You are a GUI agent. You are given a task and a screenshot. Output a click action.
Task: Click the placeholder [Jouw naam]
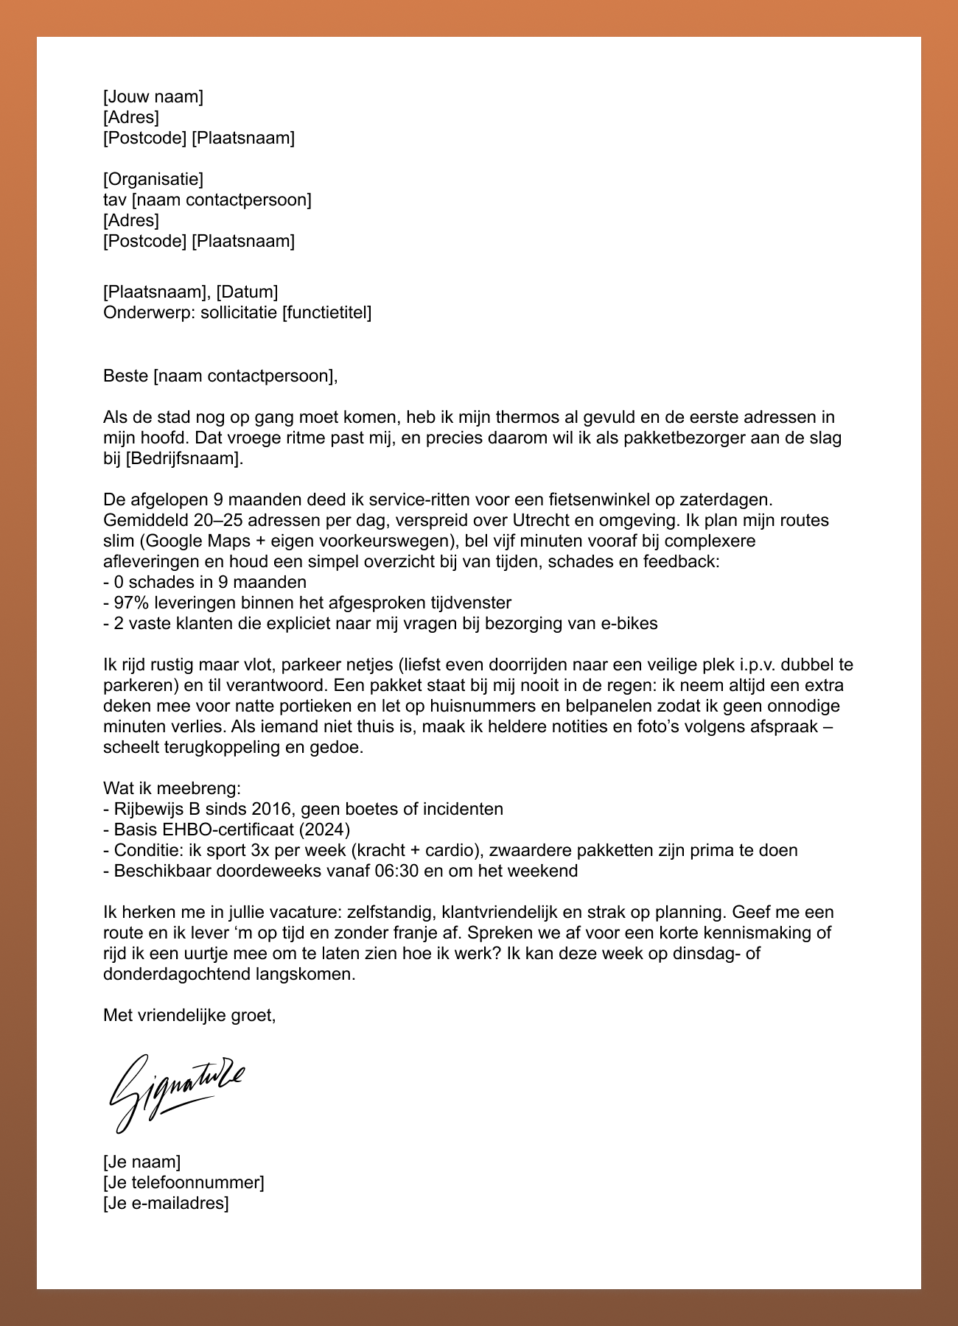click(153, 97)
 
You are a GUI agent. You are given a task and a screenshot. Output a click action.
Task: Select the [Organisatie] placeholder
click(153, 179)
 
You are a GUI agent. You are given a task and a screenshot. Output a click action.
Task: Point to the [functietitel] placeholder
click(326, 313)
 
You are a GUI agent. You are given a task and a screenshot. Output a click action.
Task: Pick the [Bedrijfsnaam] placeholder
click(183, 459)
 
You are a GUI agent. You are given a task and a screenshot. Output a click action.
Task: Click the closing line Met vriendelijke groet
click(189, 1016)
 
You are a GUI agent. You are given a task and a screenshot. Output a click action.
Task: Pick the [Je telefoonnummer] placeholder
click(183, 1183)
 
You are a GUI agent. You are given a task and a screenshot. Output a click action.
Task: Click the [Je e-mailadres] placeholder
click(166, 1204)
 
